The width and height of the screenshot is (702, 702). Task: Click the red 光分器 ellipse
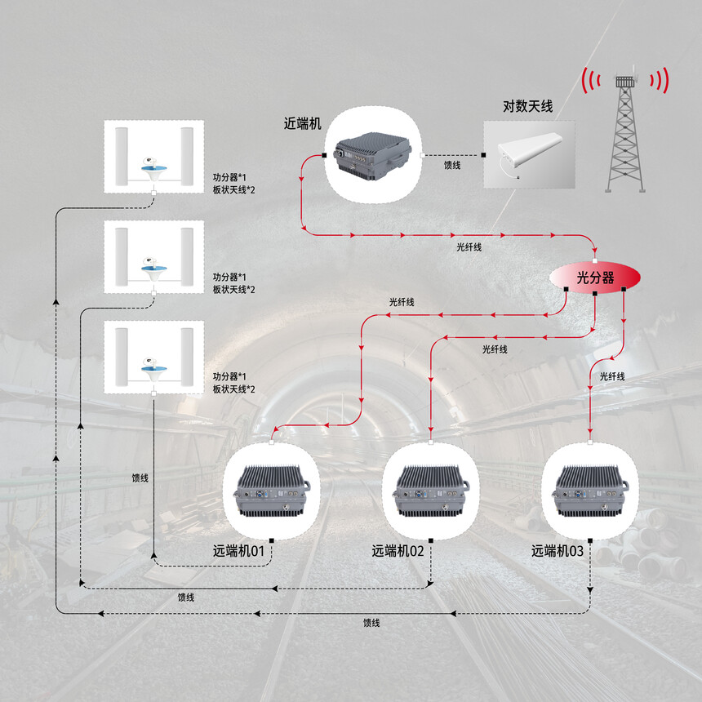(594, 278)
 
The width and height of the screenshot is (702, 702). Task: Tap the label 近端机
(302, 123)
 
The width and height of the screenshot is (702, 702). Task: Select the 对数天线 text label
(528, 107)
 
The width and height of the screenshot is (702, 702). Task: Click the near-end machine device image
(373, 155)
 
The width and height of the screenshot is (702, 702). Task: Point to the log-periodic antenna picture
(530, 154)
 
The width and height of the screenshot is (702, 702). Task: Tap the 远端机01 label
(238, 551)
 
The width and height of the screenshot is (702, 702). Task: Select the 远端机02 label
(398, 551)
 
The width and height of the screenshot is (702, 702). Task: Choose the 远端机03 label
(558, 551)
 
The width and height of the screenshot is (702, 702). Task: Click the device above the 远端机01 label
(272, 491)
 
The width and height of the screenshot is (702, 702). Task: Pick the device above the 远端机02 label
(431, 491)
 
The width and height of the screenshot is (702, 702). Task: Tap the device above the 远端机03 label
(590, 491)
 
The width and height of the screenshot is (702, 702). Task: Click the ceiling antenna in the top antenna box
(154, 169)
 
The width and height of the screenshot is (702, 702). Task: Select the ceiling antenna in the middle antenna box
(154, 269)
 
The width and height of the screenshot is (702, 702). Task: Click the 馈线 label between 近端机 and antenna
(452, 165)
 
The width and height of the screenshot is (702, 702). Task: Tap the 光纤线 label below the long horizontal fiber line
(469, 247)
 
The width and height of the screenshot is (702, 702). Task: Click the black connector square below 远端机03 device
(590, 541)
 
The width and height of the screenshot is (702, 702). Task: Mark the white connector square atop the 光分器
(594, 260)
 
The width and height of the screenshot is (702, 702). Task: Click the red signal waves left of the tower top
(590, 81)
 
